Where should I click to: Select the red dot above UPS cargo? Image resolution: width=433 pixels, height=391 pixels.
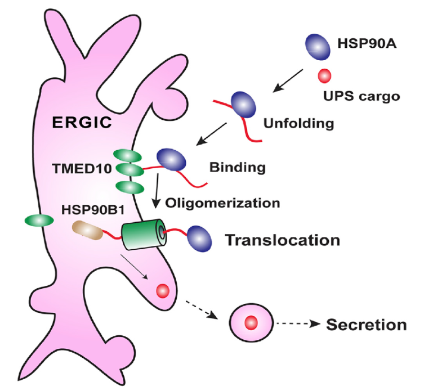click(325, 74)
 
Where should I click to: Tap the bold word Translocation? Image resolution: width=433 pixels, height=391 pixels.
click(283, 240)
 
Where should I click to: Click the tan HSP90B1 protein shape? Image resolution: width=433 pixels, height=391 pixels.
click(86, 230)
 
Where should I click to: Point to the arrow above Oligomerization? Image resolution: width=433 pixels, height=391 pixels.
click(158, 190)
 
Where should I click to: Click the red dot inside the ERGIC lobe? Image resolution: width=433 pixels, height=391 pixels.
click(163, 290)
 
